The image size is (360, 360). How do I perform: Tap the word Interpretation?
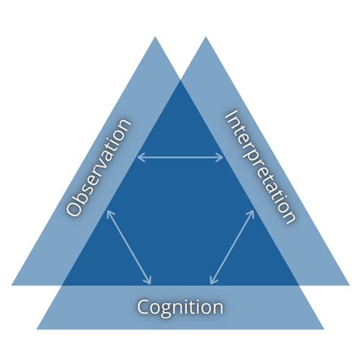tap(259, 167)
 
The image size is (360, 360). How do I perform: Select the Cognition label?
tap(180, 308)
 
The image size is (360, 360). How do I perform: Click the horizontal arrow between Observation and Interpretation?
tap(180, 158)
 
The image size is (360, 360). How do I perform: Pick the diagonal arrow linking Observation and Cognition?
tap(128, 246)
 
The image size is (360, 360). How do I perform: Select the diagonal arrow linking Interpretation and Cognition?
tap(232, 246)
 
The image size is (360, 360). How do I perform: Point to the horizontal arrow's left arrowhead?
tap(139, 158)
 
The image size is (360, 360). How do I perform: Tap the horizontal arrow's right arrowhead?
tap(222, 158)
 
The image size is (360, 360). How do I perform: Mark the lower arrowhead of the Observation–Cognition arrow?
tap(149, 280)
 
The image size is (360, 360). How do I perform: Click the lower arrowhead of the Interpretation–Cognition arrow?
tap(211, 280)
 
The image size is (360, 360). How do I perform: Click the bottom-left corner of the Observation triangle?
tap(12, 285)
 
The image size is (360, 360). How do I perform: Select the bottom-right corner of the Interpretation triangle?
tap(348, 285)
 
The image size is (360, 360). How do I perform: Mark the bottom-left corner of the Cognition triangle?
tap(37, 329)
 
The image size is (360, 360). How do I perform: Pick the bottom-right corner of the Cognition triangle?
tap(323, 329)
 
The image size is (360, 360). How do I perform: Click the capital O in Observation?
tap(74, 209)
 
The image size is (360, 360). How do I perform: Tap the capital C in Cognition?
tap(144, 308)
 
